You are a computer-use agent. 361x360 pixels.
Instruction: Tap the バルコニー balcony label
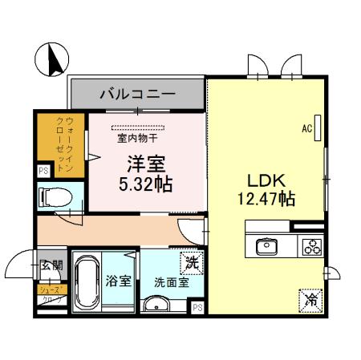(137, 94)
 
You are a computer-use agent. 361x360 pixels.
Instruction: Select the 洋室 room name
(145, 164)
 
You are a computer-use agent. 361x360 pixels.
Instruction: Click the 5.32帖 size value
(145, 184)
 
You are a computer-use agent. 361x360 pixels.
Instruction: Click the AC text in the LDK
(306, 127)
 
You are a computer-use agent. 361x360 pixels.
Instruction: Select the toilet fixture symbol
(55, 196)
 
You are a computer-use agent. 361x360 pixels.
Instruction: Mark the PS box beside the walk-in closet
(43, 171)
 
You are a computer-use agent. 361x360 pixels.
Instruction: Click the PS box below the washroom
(197, 306)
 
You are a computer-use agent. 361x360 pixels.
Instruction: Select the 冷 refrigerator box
(310, 301)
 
